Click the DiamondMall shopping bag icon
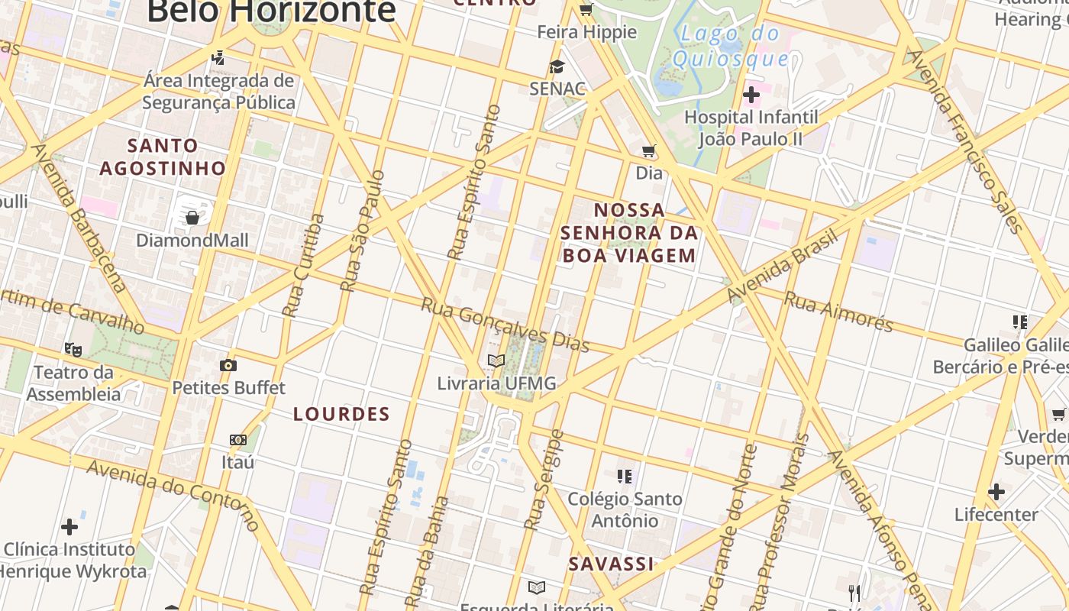[192, 218]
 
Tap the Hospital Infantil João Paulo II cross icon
[751, 95]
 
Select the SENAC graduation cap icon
[557, 66]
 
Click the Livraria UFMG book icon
[496, 360]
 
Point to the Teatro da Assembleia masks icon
[73, 349]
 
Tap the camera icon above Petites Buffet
[228, 365]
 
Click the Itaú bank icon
[238, 440]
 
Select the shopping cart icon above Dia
[649, 151]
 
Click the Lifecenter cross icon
[996, 492]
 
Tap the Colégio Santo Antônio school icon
[625, 477]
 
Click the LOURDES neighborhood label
[342, 414]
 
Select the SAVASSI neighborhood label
[611, 564]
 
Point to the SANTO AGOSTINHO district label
[163, 157]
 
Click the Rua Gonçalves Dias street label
[505, 325]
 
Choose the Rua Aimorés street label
[838, 312]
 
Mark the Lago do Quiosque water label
[731, 45]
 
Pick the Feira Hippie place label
[586, 32]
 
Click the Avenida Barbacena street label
[78, 218]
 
